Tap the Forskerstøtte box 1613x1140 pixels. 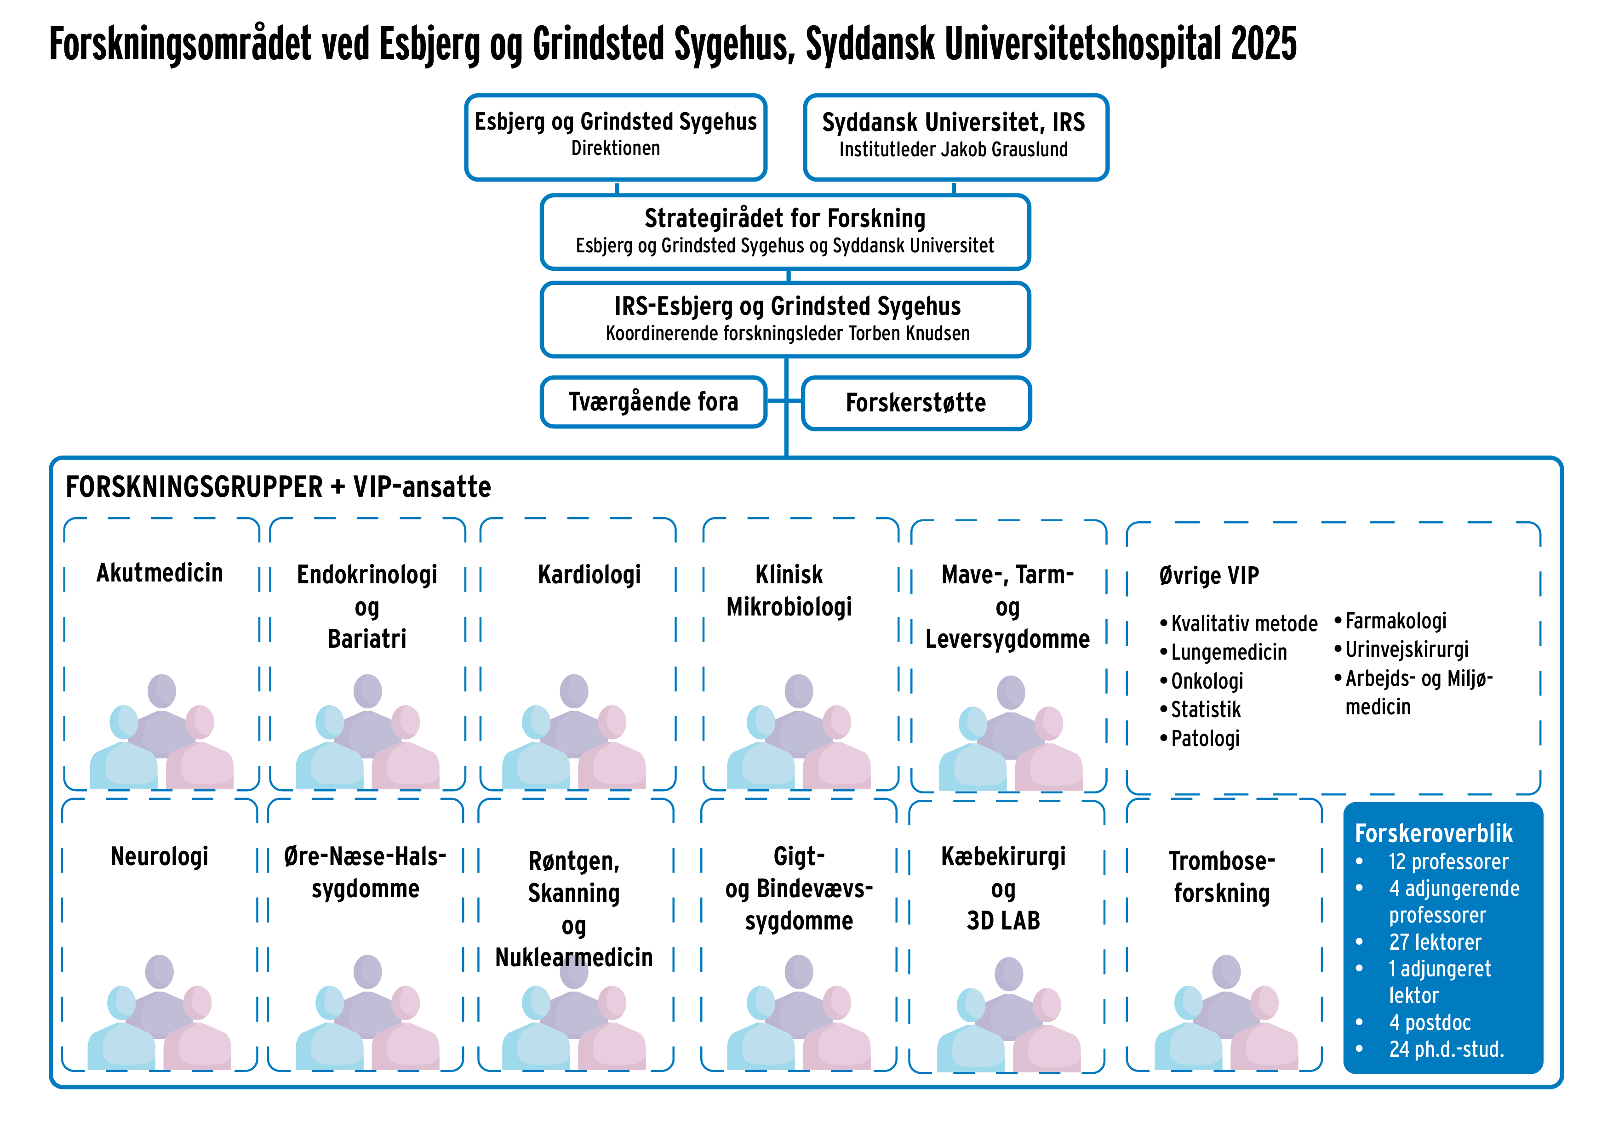pos(915,403)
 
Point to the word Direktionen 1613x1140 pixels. pos(615,148)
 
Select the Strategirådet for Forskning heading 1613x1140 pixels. pos(785,218)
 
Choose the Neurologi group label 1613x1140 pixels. pos(160,856)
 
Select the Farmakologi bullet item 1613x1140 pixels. pos(1395,621)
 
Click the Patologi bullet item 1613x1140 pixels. pos(1204,738)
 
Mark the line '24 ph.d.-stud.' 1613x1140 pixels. pos(1446,1049)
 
